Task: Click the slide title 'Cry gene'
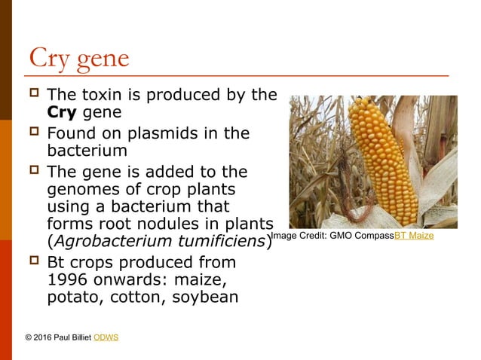pos(78,58)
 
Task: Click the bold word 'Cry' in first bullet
pos(63,114)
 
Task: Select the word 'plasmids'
pos(163,133)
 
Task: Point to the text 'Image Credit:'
pos(299,236)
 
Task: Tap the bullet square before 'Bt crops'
pos(32,261)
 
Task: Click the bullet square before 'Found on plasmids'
pos(32,133)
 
